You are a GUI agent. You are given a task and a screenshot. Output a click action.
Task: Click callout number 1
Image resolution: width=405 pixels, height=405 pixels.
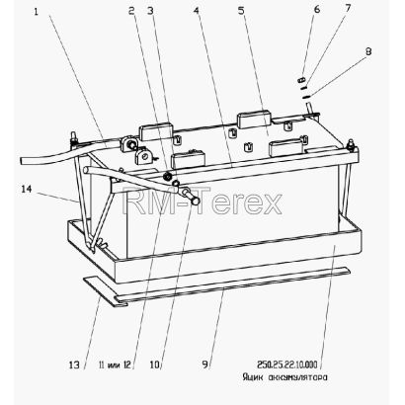click(x=37, y=12)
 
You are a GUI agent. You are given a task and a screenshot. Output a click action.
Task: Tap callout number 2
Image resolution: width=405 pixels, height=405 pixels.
click(x=131, y=11)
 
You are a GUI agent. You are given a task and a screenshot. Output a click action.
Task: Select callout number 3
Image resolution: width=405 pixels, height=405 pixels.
click(x=150, y=11)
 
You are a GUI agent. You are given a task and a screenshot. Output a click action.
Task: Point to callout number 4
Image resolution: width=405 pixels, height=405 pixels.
click(x=197, y=11)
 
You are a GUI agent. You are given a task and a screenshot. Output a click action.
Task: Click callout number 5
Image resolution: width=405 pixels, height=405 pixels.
click(x=241, y=11)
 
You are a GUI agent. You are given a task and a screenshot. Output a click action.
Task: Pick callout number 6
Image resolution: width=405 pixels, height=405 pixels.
click(x=317, y=9)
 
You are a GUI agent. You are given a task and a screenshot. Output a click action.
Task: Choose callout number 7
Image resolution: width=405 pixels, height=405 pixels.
click(x=348, y=8)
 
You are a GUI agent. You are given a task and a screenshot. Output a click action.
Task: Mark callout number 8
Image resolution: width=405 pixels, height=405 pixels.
click(x=368, y=51)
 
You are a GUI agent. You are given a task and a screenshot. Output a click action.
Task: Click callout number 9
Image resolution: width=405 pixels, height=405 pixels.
click(x=205, y=364)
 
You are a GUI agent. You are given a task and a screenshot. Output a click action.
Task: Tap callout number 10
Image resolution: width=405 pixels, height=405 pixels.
click(x=154, y=364)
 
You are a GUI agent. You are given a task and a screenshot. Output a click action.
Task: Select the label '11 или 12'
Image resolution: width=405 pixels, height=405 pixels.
click(x=115, y=364)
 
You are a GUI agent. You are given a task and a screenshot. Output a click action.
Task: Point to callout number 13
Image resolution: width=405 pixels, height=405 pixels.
click(x=74, y=364)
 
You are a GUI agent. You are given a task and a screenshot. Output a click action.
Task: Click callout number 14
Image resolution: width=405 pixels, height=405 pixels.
click(x=27, y=190)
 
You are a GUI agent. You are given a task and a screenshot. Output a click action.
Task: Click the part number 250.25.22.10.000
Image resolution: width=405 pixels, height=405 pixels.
click(x=287, y=364)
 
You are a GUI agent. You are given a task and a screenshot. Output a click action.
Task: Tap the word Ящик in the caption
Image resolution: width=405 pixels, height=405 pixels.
click(x=254, y=377)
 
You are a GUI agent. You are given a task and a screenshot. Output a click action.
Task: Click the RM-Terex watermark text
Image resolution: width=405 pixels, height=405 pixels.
click(x=202, y=201)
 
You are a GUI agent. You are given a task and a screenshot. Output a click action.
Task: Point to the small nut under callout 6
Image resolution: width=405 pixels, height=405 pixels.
click(x=302, y=80)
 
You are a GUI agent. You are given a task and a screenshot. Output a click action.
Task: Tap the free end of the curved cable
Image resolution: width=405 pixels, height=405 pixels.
click(x=23, y=161)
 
